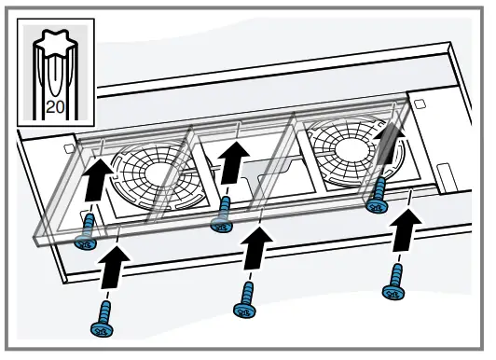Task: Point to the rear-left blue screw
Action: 86,231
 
